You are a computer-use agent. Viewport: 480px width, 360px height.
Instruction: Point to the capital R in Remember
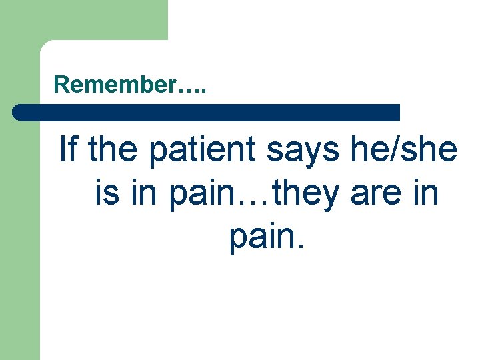coord(61,85)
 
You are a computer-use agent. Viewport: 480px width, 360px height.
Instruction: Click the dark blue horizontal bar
coord(207,112)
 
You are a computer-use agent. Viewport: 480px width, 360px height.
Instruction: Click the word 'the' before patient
coord(115,149)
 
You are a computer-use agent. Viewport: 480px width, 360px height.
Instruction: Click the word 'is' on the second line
coord(105,193)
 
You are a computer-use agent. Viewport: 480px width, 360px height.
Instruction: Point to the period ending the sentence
coord(301,250)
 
